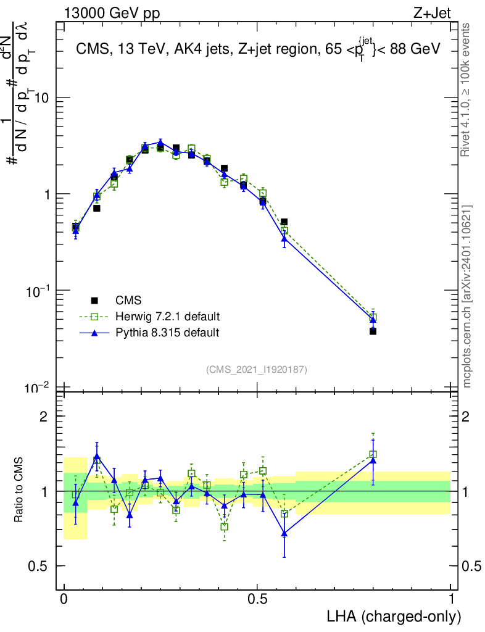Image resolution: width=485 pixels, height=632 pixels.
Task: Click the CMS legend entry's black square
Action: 94,301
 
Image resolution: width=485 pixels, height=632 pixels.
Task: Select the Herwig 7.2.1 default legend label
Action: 167,317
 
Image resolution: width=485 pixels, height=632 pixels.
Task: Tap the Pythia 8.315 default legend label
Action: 167,333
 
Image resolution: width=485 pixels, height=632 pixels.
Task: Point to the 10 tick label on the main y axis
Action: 42,98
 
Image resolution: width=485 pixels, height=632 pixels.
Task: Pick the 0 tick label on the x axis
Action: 64,599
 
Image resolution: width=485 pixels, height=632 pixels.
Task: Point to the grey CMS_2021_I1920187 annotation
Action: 257,370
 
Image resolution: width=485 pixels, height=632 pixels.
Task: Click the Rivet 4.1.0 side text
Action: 467,96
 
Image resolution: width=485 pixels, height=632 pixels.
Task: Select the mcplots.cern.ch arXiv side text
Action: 467,296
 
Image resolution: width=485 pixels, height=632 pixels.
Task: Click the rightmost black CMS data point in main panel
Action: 373,331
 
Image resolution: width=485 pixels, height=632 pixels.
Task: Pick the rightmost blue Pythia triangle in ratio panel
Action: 373,460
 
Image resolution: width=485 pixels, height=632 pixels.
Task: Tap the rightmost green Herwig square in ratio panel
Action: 373,454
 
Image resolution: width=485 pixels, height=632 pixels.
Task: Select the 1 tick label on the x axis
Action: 451,599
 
